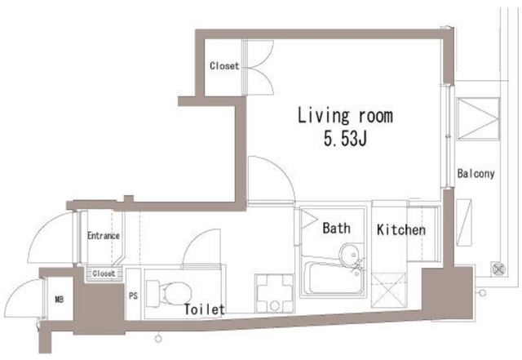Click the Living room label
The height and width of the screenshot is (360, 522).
tap(345, 115)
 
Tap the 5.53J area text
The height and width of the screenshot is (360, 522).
tap(345, 138)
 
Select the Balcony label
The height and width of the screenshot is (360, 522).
tap(476, 173)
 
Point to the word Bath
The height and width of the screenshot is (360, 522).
tap(336, 229)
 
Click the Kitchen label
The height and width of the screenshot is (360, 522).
tap(401, 229)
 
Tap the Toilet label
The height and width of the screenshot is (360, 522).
tap(205, 309)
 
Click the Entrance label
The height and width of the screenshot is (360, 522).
tap(104, 236)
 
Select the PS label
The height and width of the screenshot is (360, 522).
tap(133, 296)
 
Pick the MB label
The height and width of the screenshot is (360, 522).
tap(60, 300)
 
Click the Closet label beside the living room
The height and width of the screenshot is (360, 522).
tap(224, 65)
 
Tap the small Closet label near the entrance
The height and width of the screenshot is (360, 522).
tap(104, 273)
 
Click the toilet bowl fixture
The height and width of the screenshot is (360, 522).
tap(169, 293)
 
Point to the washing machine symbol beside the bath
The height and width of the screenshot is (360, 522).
tap(275, 293)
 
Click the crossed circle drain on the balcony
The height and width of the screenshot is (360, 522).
tap(498, 269)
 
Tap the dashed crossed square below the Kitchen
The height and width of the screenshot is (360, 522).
tap(388, 290)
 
